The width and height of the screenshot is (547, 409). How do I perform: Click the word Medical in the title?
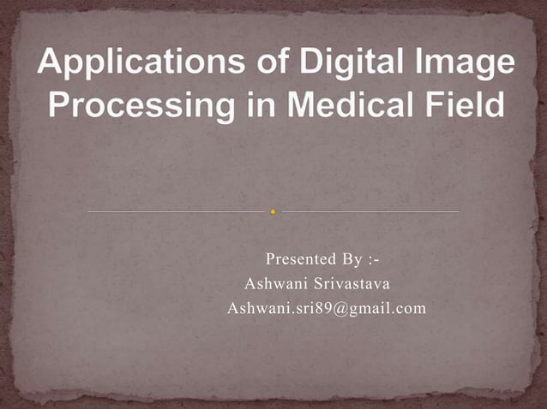354,107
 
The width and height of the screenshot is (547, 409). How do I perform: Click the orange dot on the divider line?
273,210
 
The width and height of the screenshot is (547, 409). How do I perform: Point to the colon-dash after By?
374,259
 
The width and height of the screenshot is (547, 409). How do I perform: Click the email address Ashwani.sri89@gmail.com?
326,308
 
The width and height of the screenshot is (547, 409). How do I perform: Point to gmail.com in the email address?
383,308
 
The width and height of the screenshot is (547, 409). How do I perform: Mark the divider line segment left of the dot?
177,210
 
